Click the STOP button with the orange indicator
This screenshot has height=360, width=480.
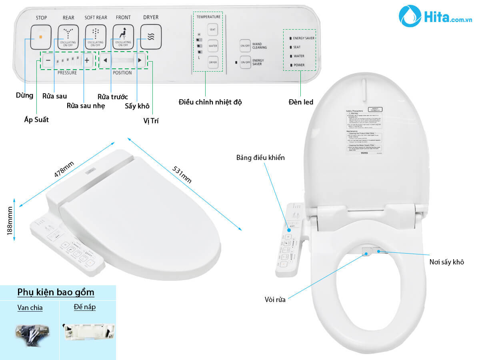click(41, 37)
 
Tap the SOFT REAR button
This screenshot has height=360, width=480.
click(95, 37)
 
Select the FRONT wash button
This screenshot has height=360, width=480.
click(123, 37)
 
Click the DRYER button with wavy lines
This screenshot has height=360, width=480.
click(151, 37)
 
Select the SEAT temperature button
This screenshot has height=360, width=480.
click(213, 30)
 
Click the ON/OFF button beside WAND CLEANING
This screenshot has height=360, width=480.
click(245, 45)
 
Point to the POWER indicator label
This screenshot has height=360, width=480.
click(299, 65)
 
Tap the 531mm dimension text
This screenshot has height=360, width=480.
click(182, 173)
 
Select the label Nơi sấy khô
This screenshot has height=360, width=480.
click(446, 262)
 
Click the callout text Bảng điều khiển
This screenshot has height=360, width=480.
click(260, 158)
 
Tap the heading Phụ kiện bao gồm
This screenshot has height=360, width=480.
click(56, 292)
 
